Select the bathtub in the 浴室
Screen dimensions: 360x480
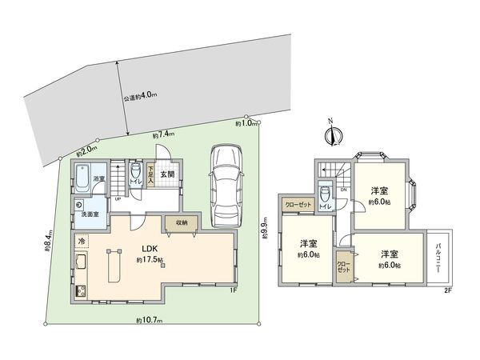coord(82,182)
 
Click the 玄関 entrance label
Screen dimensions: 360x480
coord(167,174)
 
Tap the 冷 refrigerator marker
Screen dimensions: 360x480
coord(82,240)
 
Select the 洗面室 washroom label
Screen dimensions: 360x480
coord(88,214)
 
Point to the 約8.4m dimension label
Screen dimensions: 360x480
coord(50,241)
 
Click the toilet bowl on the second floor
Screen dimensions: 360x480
coord(324,195)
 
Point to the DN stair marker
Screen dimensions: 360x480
coord(343,190)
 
